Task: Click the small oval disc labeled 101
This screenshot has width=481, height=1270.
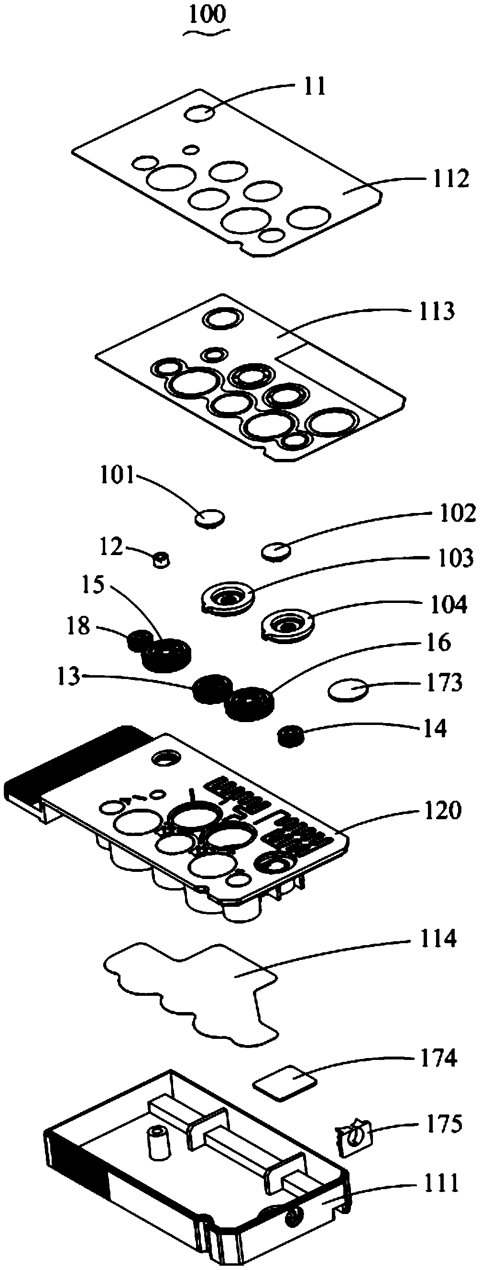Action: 210,518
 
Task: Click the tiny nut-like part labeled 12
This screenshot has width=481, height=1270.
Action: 161,559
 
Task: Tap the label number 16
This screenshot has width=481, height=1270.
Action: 438,643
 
